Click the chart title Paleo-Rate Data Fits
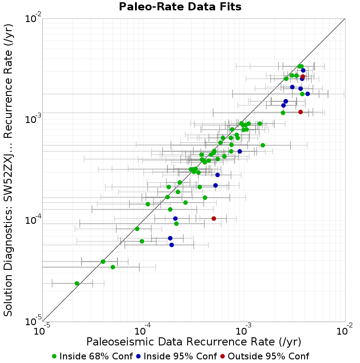[x=180, y=6]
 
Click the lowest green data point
[x=77, y=283]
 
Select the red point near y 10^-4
[x=214, y=218]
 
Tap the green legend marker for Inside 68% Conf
[x=54, y=357]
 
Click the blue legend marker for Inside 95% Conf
[x=138, y=357]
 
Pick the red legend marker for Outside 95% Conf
[x=222, y=357]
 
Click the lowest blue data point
[x=171, y=245]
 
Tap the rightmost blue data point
[x=307, y=94]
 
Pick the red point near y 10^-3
[x=301, y=112]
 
